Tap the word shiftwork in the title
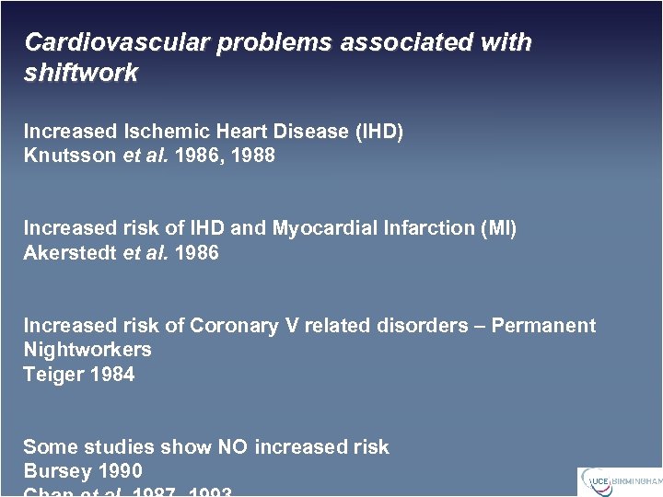[81, 74]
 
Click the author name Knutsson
[70, 156]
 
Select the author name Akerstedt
[70, 252]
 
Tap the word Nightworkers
[87, 350]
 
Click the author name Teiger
[52, 375]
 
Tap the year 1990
[119, 472]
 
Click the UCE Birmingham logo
[620, 481]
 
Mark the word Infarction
[412, 228]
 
